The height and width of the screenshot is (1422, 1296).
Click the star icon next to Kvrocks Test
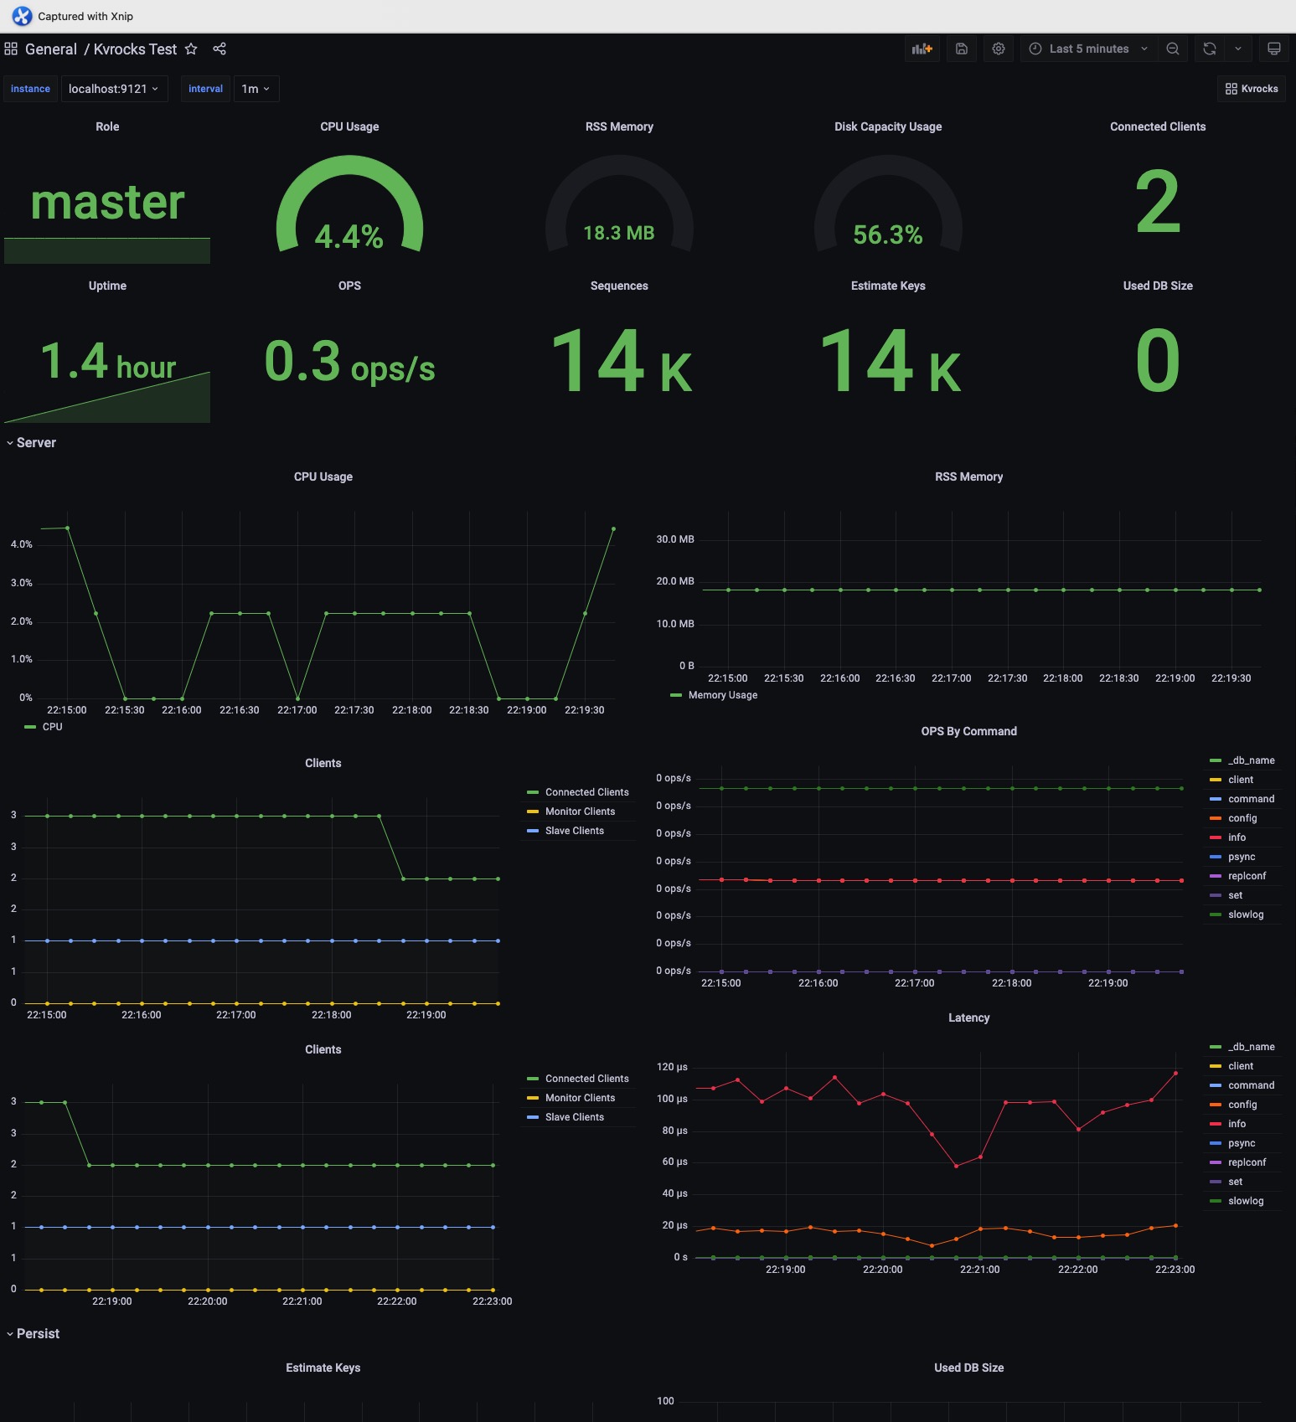pyautogui.click(x=191, y=49)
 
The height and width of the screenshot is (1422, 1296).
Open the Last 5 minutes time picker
pyautogui.click(x=1088, y=49)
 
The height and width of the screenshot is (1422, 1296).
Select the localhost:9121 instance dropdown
pyautogui.click(x=113, y=89)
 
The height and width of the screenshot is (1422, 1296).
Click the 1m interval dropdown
pyautogui.click(x=256, y=89)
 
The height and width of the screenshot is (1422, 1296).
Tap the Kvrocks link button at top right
pyautogui.click(x=1252, y=89)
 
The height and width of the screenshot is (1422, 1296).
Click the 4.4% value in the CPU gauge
pyautogui.click(x=349, y=236)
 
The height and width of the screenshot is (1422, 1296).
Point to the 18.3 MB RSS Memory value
pyautogui.click(x=619, y=233)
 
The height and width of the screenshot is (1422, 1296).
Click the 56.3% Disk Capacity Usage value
pyautogui.click(x=888, y=234)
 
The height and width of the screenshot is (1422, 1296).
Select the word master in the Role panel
pyautogui.click(x=107, y=203)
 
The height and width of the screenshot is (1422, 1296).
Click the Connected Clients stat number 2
pyautogui.click(x=1158, y=203)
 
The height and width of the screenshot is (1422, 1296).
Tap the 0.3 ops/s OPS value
pyautogui.click(x=349, y=363)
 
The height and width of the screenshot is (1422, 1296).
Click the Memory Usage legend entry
pyautogui.click(x=722, y=695)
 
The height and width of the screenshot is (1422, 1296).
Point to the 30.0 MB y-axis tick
pyautogui.click(x=675, y=539)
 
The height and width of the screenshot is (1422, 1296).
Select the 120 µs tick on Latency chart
pyautogui.click(x=672, y=1067)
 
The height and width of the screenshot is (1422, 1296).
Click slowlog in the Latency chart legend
pyautogui.click(x=1246, y=1201)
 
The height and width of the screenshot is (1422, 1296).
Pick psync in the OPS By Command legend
pyautogui.click(x=1242, y=857)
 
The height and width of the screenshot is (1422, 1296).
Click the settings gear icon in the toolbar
pyautogui.click(x=999, y=49)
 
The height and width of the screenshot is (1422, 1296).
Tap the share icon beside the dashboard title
pyautogui.click(x=219, y=49)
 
